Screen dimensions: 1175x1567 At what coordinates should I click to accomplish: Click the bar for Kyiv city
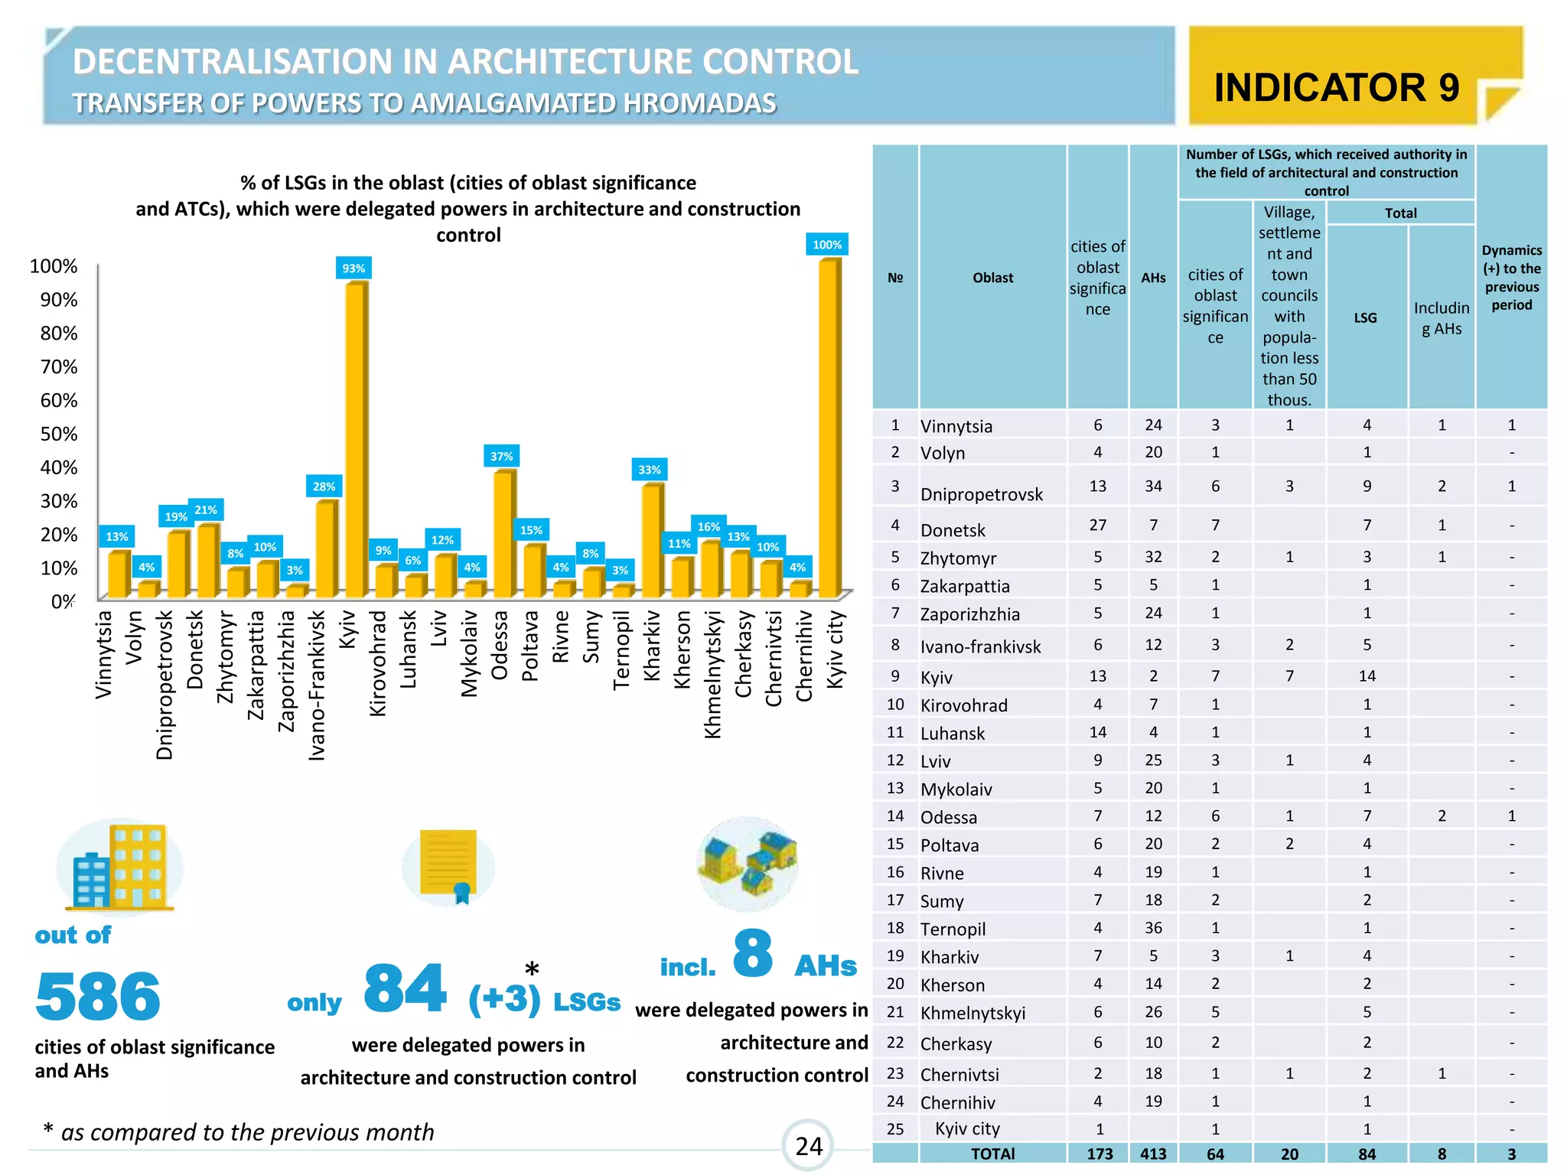click(829, 428)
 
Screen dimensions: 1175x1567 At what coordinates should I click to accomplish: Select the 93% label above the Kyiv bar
click(353, 268)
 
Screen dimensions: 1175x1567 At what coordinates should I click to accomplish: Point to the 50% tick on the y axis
click(58, 434)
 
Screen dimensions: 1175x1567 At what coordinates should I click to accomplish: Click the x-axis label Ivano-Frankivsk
click(317, 685)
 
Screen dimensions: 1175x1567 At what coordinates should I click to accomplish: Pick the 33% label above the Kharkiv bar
click(649, 470)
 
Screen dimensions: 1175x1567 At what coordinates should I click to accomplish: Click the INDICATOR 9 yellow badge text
click(1336, 87)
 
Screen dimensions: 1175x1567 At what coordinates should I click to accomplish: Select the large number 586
click(98, 997)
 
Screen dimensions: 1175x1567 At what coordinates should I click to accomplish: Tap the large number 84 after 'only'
click(405, 988)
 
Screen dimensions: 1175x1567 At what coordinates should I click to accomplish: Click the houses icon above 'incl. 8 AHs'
click(748, 863)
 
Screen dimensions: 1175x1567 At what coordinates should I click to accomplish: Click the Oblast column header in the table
click(992, 278)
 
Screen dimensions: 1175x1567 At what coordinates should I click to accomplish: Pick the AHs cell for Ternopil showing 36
click(1153, 928)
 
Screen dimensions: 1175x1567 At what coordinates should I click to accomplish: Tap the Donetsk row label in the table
click(953, 529)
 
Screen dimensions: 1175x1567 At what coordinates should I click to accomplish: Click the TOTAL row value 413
click(1153, 1154)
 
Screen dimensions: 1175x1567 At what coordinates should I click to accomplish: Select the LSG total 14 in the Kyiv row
click(1367, 675)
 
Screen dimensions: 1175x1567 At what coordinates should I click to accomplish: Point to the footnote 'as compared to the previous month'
click(246, 1131)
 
